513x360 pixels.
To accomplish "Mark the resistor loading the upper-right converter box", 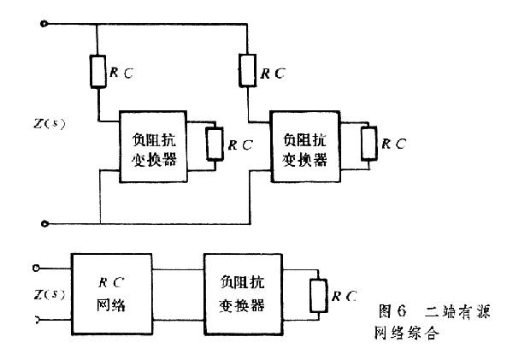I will point(368,142).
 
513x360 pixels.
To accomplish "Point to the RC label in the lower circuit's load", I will point(344,296).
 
